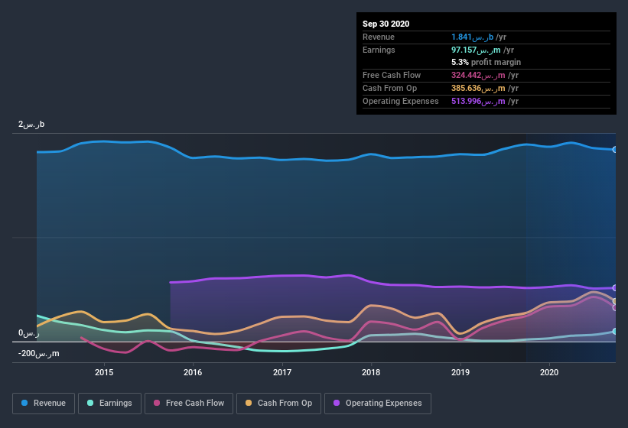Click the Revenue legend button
pyautogui.click(x=44, y=403)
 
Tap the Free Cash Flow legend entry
pyautogui.click(x=188, y=403)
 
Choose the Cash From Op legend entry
pyautogui.click(x=278, y=403)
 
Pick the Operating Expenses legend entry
pyautogui.click(x=377, y=403)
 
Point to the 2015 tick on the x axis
pyautogui.click(x=104, y=372)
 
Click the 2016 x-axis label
pyautogui.click(x=193, y=372)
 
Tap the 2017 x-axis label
pyautogui.click(x=282, y=372)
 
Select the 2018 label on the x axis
pyautogui.click(x=372, y=372)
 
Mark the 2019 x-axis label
pyautogui.click(x=460, y=372)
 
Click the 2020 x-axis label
pyautogui.click(x=549, y=372)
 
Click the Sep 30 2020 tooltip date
pyautogui.click(x=386, y=24)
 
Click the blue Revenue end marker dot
pyautogui.click(x=615, y=150)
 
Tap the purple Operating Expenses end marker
pyautogui.click(x=615, y=288)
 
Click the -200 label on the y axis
pyautogui.click(x=39, y=354)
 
